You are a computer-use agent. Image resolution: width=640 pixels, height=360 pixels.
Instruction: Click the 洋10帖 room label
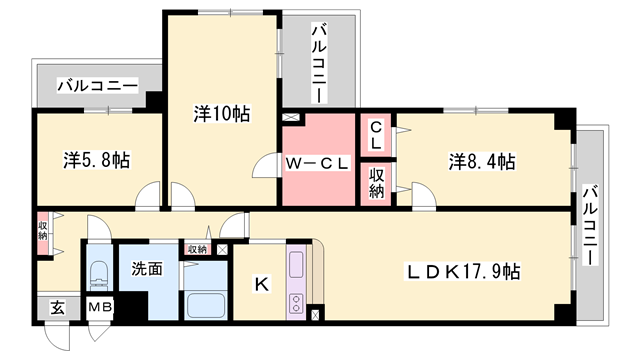(222, 114)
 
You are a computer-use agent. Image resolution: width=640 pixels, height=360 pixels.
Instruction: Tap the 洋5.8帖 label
(97, 160)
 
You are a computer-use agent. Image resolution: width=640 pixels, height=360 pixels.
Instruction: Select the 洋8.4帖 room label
(481, 160)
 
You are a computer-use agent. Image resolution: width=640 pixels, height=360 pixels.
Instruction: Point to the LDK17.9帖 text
(462, 271)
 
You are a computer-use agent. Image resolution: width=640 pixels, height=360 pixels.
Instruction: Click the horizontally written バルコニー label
(97, 86)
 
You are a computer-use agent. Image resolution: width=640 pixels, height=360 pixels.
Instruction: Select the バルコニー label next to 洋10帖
(318, 62)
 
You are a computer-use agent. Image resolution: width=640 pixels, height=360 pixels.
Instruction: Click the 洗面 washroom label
(147, 267)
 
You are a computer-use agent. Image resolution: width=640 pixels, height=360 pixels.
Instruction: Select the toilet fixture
(98, 273)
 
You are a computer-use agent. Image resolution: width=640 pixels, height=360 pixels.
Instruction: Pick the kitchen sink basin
(297, 266)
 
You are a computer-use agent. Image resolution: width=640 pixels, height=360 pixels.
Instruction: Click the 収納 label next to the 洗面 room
(196, 248)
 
